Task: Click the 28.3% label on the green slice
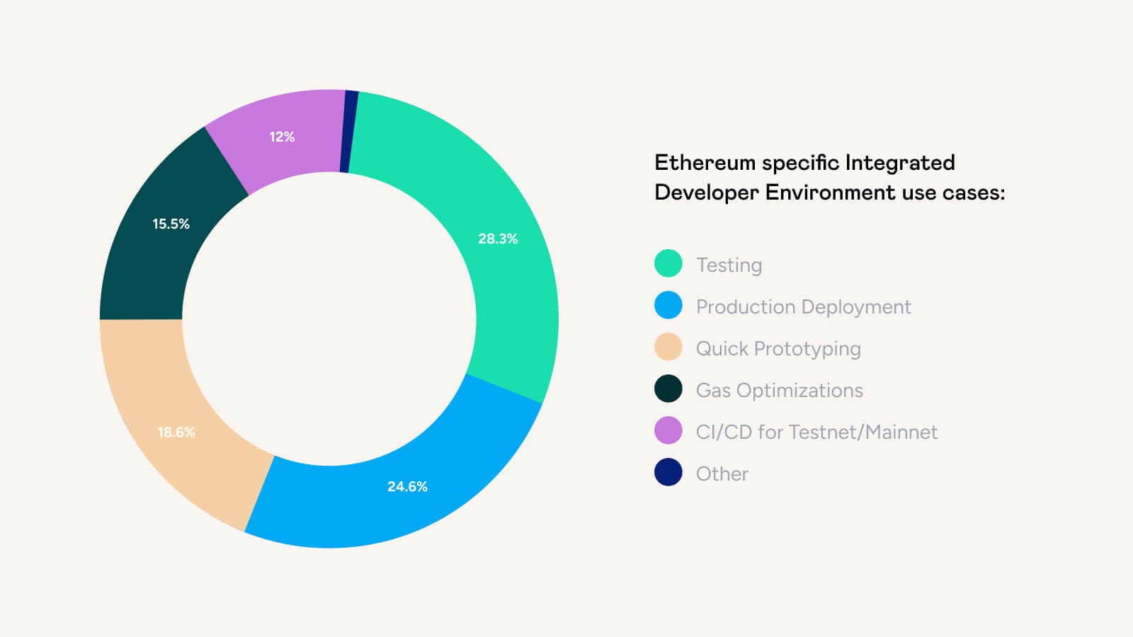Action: (x=498, y=239)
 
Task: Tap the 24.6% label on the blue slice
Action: (x=407, y=486)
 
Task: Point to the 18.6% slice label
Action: (x=176, y=432)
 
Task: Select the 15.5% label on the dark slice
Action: (x=171, y=224)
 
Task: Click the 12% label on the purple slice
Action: (x=282, y=137)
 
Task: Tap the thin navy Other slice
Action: (x=348, y=132)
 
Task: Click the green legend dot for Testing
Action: (x=668, y=263)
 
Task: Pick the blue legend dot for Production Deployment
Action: (x=668, y=305)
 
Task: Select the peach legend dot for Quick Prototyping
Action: (x=668, y=347)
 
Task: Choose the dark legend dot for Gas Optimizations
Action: (x=668, y=389)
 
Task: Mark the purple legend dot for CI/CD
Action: (x=668, y=430)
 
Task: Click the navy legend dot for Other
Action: (x=668, y=472)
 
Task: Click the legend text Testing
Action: (x=729, y=265)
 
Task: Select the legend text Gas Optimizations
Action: (x=779, y=391)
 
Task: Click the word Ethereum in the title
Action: (x=705, y=163)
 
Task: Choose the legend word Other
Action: (x=722, y=474)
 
